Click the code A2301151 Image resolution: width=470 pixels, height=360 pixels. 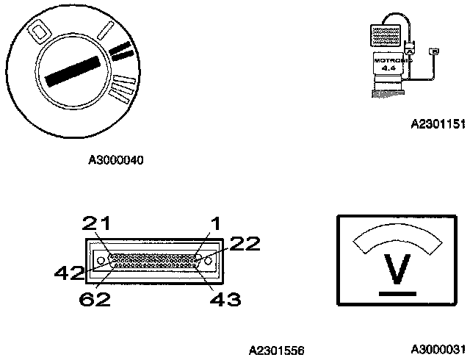point(437,125)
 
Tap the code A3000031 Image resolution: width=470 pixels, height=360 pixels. point(438,348)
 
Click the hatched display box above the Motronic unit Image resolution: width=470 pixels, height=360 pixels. point(385,33)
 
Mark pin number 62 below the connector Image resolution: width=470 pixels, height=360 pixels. point(95,298)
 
